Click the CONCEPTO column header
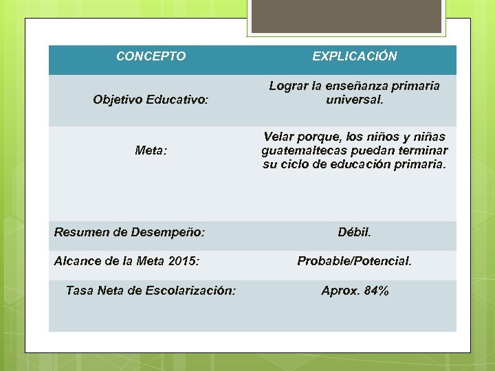[x=151, y=56]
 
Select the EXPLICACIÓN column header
[x=354, y=56]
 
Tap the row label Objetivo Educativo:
[x=151, y=100]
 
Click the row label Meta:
[x=151, y=150]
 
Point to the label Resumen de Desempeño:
[x=129, y=232]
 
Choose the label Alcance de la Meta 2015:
[x=127, y=261]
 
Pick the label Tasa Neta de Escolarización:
[x=151, y=291]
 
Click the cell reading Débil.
[x=354, y=232]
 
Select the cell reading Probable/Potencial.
[x=354, y=261]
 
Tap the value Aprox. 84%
[x=354, y=291]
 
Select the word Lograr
[x=287, y=87]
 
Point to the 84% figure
[x=376, y=291]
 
